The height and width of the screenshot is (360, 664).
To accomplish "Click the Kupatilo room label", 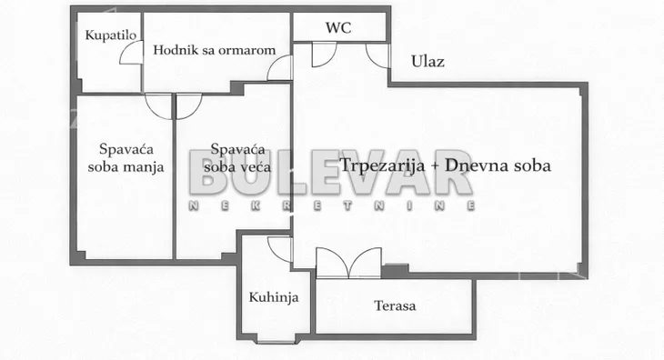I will click(105, 35).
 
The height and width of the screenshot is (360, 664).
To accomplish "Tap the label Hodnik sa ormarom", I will click(214, 50).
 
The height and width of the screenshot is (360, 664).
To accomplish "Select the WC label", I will click(338, 27).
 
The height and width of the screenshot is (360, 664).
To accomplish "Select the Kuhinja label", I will click(274, 297).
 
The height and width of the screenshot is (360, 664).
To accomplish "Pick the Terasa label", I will click(394, 305).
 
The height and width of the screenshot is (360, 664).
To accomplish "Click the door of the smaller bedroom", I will click(158, 105).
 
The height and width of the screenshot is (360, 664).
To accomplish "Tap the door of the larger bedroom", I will click(189, 105).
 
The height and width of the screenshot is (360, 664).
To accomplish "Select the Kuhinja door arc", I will click(280, 248).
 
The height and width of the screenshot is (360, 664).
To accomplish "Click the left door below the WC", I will click(323, 55).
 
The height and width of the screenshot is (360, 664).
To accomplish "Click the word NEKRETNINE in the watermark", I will click(332, 207).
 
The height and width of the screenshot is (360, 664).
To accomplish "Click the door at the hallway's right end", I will click(280, 68).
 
